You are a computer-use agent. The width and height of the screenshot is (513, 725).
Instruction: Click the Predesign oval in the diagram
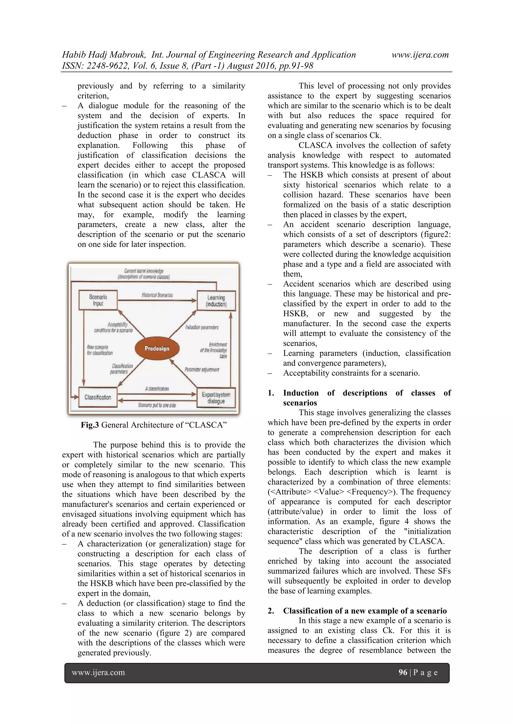point(157,349)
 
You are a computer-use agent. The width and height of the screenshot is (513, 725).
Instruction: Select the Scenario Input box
point(98,300)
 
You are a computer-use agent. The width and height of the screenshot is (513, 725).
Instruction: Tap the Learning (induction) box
point(216,301)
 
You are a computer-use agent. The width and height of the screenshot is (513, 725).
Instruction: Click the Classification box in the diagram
point(98,397)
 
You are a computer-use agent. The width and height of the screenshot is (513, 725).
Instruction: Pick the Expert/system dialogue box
point(216,398)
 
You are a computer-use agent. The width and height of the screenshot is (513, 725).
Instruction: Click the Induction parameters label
point(202,327)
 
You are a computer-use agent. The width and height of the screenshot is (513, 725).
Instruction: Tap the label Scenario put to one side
point(157,405)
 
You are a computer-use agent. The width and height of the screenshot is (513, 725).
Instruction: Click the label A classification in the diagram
point(157,389)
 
